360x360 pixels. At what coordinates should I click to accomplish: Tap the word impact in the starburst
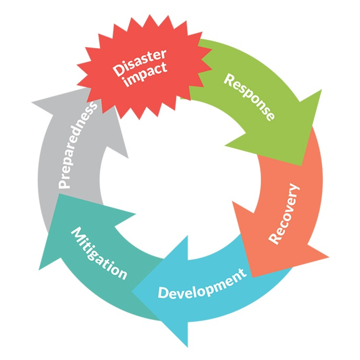click(148, 73)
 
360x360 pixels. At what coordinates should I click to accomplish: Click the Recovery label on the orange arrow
click(284, 214)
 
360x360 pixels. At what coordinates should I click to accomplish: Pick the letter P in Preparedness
click(64, 184)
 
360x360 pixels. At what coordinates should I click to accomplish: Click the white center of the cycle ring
click(180, 180)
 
